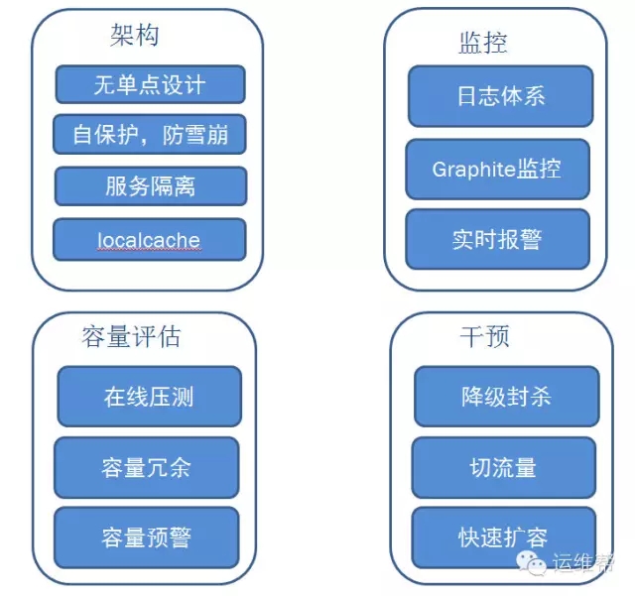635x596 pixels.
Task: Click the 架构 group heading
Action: (134, 36)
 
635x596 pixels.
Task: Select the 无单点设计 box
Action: (150, 84)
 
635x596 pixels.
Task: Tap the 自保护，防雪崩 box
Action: (150, 135)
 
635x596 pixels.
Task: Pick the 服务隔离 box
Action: (150, 186)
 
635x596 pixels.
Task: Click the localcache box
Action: (149, 239)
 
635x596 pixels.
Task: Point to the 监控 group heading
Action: (483, 42)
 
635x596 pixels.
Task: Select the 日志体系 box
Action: (500, 96)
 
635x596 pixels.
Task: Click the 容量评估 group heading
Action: (131, 337)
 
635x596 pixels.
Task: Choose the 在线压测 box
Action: (149, 397)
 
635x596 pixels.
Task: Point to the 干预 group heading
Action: (484, 337)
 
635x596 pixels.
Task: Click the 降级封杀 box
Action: (506, 397)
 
